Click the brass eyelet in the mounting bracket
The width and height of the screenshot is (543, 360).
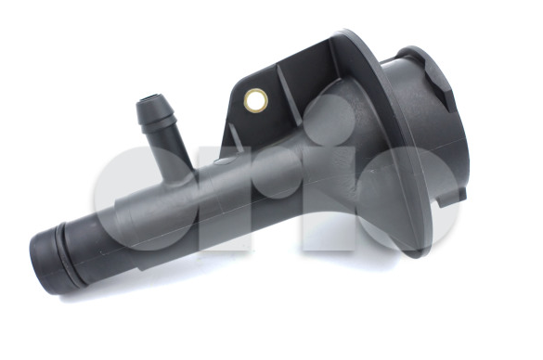coord(256,100)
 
